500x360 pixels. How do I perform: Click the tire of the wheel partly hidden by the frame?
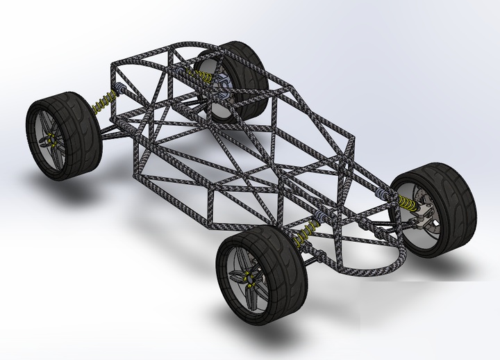point(250,66)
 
